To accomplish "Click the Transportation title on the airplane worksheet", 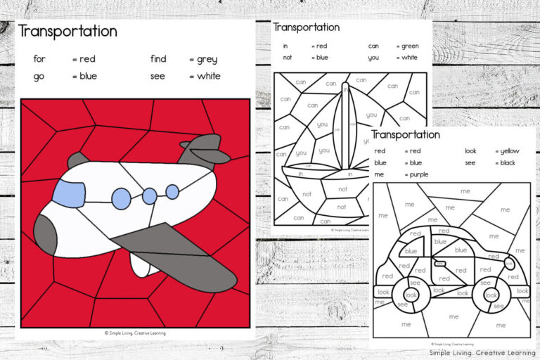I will coord(67,32).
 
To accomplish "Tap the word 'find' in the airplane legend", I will coord(158,59).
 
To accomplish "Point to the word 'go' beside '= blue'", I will coord(39,76).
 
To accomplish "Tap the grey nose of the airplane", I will coord(44,234).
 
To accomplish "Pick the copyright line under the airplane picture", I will coord(135,333).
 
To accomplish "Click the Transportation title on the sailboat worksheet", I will coord(306,27).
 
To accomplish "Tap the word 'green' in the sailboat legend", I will coord(410,46).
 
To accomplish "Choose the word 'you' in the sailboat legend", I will coord(373,58).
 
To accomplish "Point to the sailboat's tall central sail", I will coord(345,127).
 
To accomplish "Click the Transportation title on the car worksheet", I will coord(405,134).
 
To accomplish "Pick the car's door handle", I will coord(441,264).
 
